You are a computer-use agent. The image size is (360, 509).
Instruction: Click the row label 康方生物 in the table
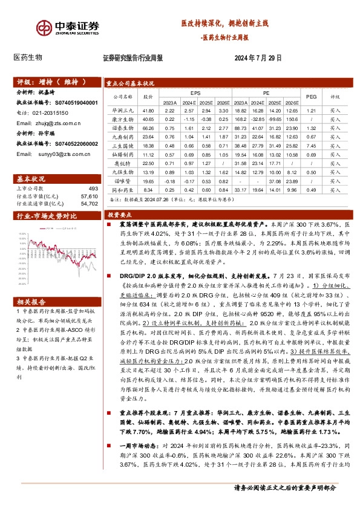122,120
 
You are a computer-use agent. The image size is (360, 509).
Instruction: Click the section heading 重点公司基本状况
130,83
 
